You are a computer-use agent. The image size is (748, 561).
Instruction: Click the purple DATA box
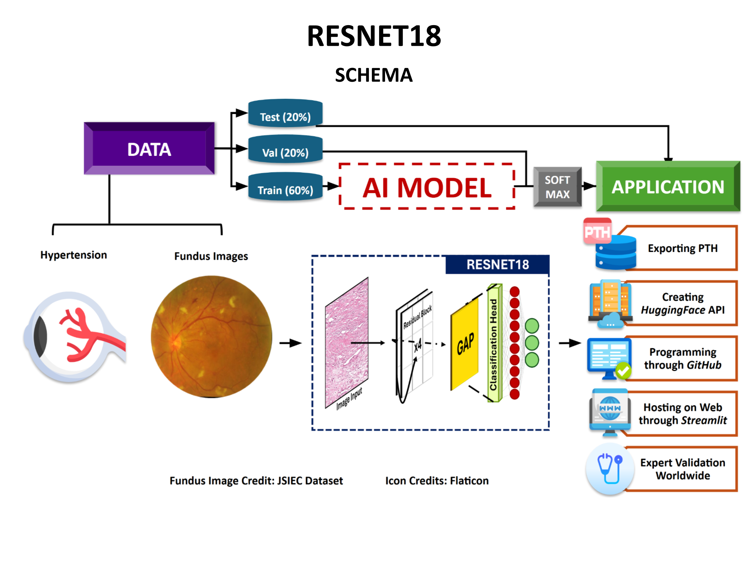coord(149,149)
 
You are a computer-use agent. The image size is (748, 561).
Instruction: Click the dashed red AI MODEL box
coord(427,187)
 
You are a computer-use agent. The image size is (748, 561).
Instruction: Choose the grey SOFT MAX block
coord(557,187)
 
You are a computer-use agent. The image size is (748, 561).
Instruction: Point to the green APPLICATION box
coord(668,187)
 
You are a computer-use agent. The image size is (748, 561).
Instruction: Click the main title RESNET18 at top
coord(374,36)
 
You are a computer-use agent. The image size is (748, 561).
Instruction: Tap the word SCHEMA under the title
coord(374,75)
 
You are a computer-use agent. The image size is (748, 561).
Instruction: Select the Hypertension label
coord(73,255)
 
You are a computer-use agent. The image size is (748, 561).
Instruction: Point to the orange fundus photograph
coord(211,337)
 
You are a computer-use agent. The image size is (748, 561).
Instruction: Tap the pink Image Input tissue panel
coord(346,343)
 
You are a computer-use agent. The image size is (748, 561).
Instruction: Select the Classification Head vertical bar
coord(494,343)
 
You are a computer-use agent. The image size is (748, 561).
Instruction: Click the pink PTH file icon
coord(597,231)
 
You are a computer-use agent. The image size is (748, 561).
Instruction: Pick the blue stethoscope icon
coord(610,469)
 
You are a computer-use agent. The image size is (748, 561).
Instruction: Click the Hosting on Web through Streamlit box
coord(682,414)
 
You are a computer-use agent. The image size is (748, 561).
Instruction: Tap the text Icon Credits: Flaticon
coord(437,481)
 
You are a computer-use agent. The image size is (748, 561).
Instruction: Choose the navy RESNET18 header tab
coord(498,264)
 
